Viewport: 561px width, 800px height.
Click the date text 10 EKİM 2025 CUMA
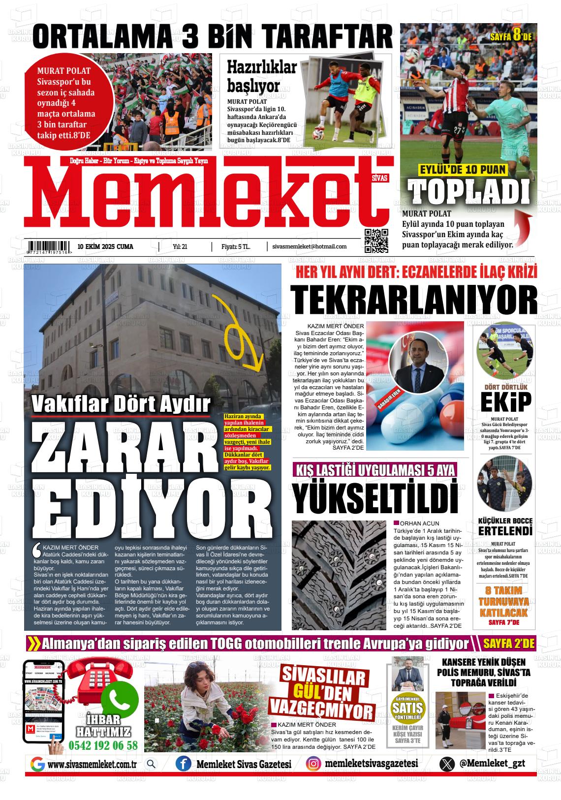pos(105,246)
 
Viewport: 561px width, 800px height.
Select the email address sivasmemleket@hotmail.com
pos(309,246)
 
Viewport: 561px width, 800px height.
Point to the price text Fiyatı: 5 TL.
pos(236,246)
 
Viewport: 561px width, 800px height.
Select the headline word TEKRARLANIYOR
pos(413,299)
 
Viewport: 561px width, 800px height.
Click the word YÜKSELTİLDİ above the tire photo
pos(374,498)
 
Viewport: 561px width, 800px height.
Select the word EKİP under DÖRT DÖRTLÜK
pos(505,402)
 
